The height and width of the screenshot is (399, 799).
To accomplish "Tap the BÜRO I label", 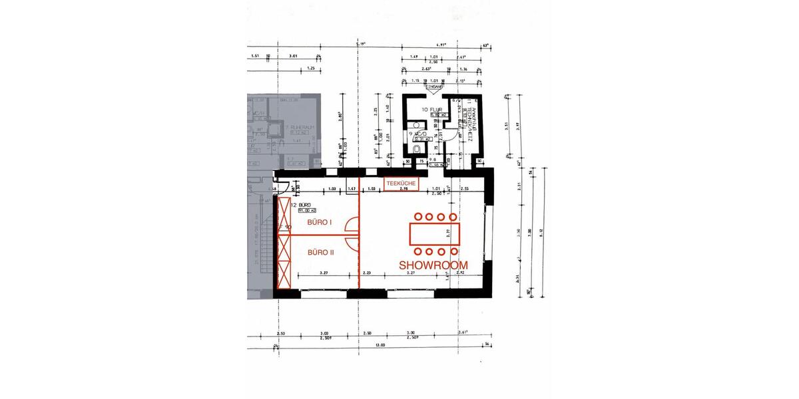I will pos(318,223).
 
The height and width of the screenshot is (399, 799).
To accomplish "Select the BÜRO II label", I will pos(321,253).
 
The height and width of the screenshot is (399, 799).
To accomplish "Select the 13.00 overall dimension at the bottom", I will pos(381,344).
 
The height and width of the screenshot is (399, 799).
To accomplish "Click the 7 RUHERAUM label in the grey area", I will pos(295,126).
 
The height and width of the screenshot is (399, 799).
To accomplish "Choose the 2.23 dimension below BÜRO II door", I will pos(366,273).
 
